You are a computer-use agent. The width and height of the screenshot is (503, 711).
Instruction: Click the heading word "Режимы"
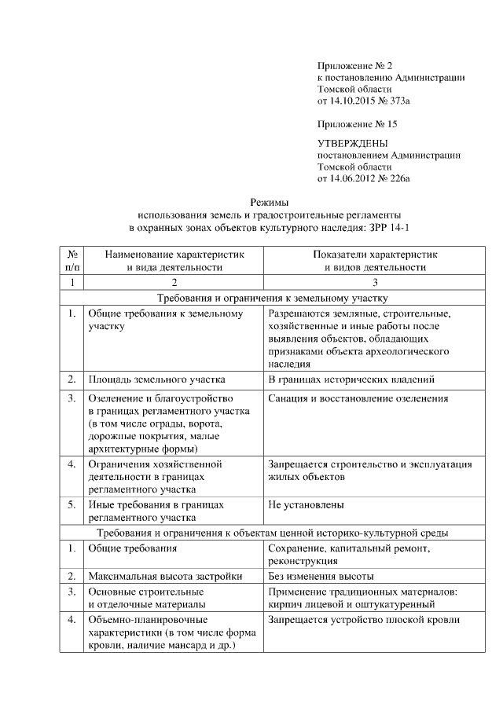(270, 201)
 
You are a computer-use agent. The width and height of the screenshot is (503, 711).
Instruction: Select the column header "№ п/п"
(72, 260)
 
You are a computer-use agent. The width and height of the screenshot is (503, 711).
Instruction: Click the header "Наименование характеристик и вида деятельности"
(174, 260)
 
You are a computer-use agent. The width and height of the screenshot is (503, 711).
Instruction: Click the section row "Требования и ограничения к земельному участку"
(270, 299)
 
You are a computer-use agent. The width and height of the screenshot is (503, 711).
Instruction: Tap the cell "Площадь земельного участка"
(156, 379)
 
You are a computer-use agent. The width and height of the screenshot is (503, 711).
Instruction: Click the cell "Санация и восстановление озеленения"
(358, 398)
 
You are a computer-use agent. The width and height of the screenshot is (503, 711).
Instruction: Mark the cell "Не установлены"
(306, 505)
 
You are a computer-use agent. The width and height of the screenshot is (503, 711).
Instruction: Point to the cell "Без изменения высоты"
(321, 576)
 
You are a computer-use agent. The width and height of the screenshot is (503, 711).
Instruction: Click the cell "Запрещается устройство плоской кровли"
(363, 620)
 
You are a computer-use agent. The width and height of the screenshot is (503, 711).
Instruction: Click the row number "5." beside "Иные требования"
(72, 505)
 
